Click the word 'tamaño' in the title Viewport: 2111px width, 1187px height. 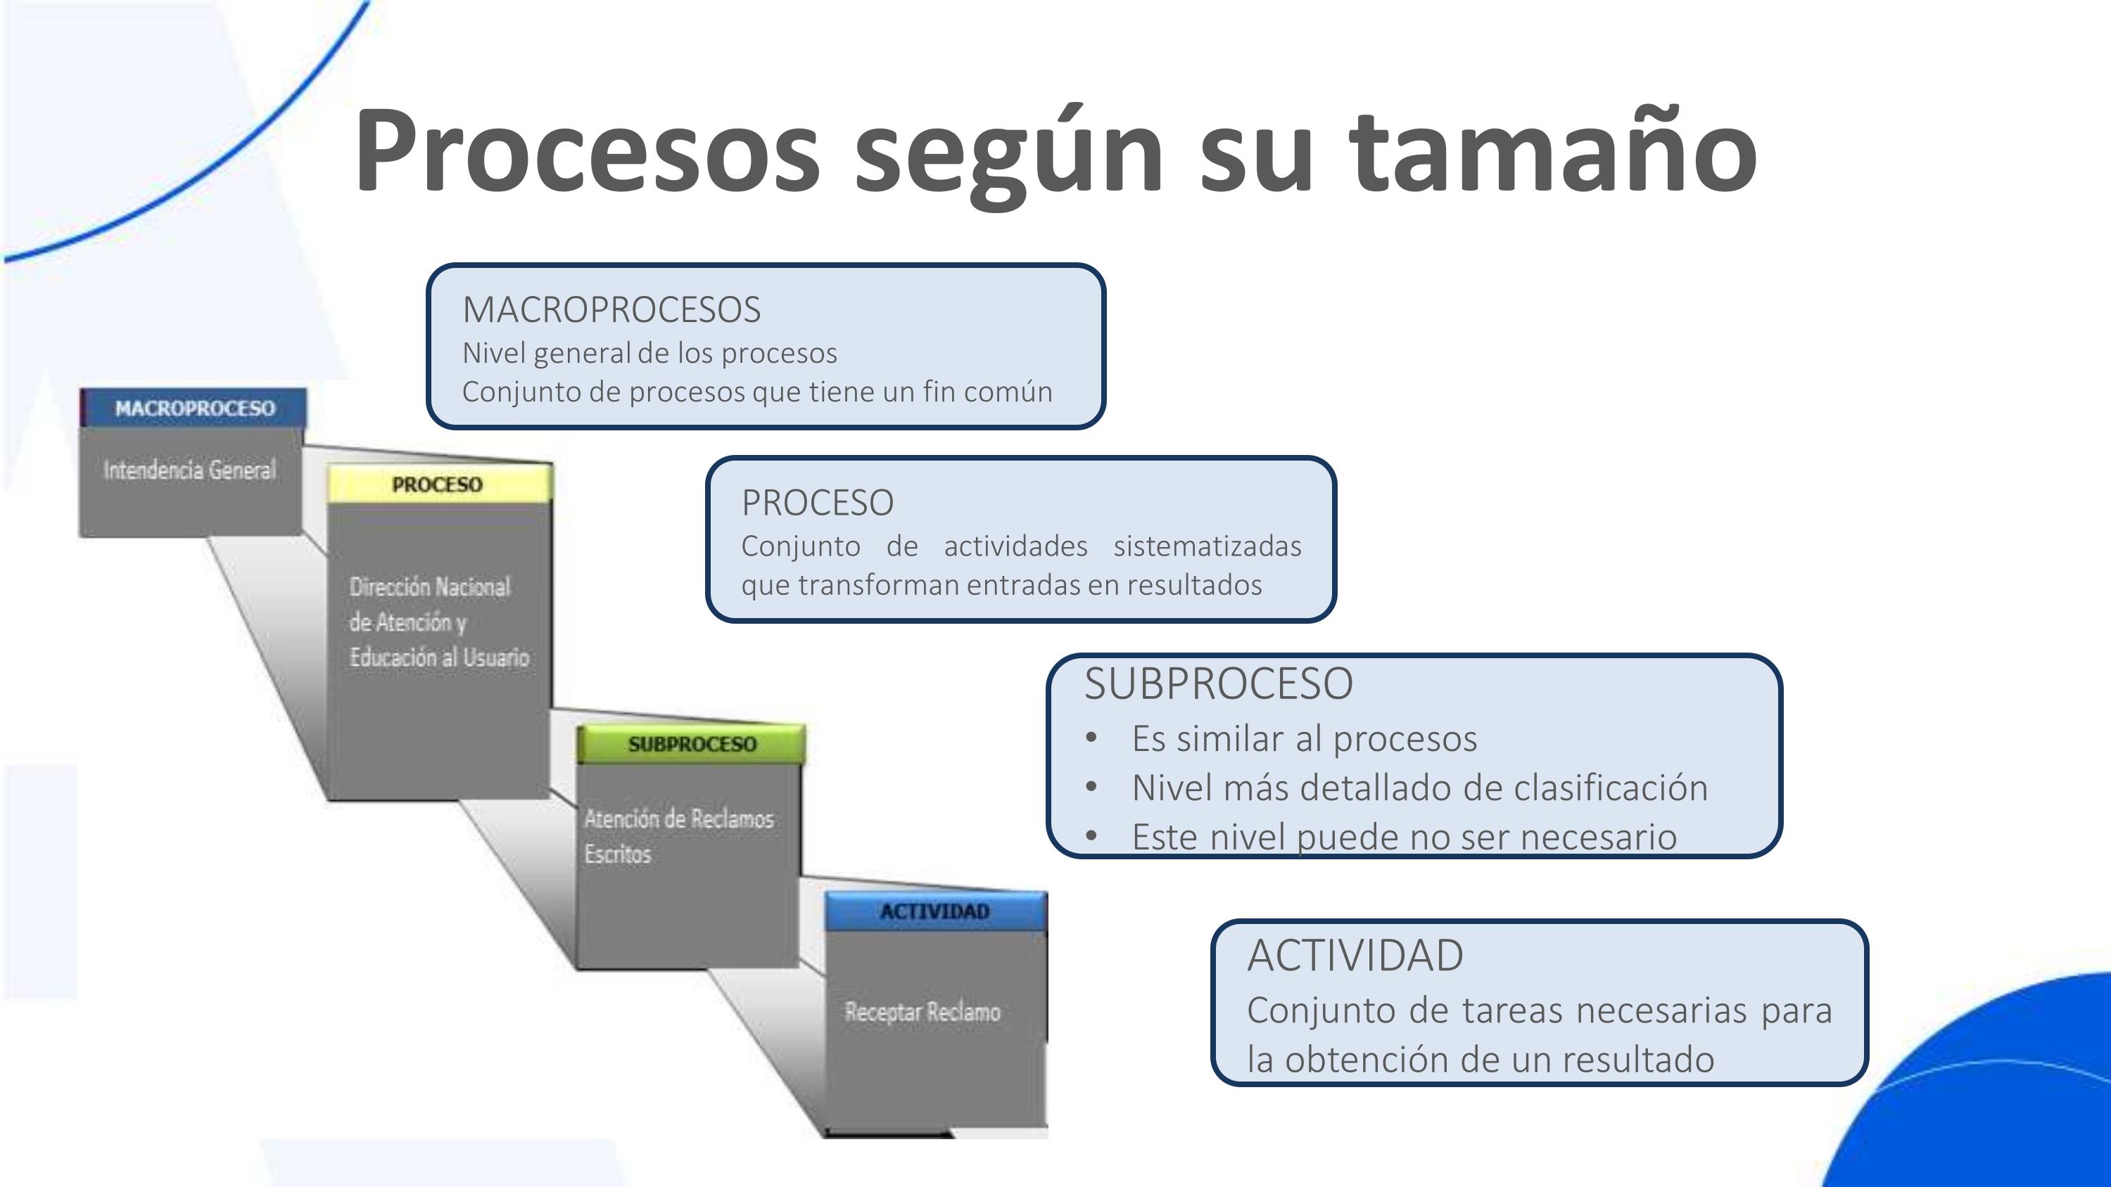pos(1553,152)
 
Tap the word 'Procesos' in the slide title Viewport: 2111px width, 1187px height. pos(587,152)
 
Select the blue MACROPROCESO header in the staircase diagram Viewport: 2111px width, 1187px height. pos(194,408)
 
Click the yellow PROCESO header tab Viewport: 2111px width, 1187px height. pos(438,484)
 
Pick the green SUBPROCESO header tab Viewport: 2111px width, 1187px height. pos(692,744)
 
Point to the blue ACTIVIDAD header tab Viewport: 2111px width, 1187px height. pos(935,911)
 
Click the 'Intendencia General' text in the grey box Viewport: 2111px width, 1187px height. pos(190,470)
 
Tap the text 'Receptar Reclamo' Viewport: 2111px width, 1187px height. pos(922,1013)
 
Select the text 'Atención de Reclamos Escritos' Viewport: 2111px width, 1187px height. pos(678,835)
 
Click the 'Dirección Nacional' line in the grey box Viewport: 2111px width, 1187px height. pos(429,586)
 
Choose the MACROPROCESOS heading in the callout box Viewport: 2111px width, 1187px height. pos(611,309)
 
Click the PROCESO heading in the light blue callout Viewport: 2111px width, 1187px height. pos(817,503)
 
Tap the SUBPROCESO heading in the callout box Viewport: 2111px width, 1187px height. pos(1218,684)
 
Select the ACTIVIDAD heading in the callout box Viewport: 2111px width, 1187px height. pos(1355,955)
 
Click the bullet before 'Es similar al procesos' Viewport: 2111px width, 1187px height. pos(1091,738)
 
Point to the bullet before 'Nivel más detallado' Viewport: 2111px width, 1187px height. pos(1091,788)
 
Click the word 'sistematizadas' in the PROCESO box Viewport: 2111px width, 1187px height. pos(1207,546)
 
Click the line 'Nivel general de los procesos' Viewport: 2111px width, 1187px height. pos(649,353)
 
